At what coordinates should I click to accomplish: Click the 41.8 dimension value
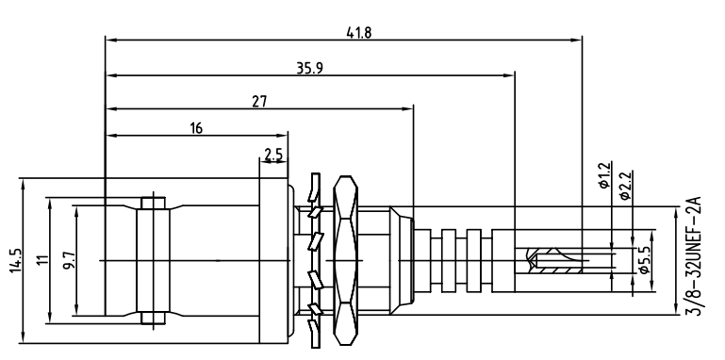point(359,32)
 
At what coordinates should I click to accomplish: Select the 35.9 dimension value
point(310,68)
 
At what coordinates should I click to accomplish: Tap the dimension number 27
point(259,102)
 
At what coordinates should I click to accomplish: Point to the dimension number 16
point(196,128)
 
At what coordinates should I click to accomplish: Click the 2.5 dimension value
point(273,154)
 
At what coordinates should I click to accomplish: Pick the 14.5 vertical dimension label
point(15,261)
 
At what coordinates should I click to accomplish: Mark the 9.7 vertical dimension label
point(70,262)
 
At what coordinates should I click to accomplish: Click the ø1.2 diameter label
point(604,175)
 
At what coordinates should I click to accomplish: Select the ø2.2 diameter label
point(625,186)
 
